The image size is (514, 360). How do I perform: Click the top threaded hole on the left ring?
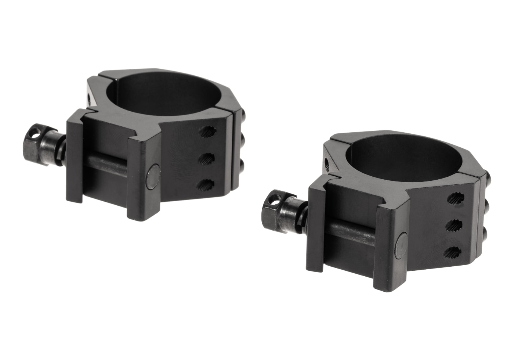[x=208, y=132]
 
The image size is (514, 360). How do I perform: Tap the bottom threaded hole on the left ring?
[x=208, y=184]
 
